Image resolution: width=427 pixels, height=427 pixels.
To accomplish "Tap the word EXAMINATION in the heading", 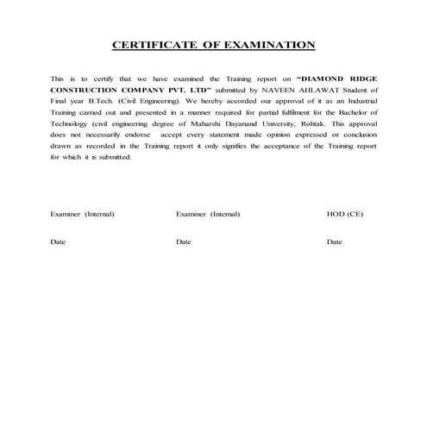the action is [268, 46].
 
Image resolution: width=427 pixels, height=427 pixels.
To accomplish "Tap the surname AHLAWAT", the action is [303, 90].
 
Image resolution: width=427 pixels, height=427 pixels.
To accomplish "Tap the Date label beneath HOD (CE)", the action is [335, 242].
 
